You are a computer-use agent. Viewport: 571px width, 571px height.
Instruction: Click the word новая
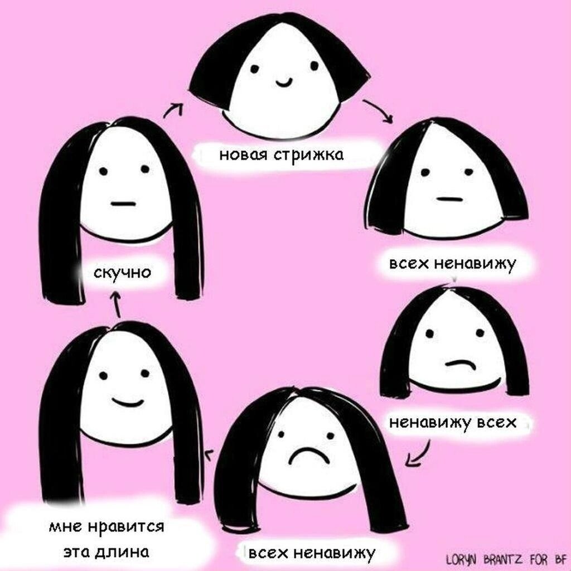244,154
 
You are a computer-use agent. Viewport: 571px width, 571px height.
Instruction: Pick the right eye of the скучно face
144,169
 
